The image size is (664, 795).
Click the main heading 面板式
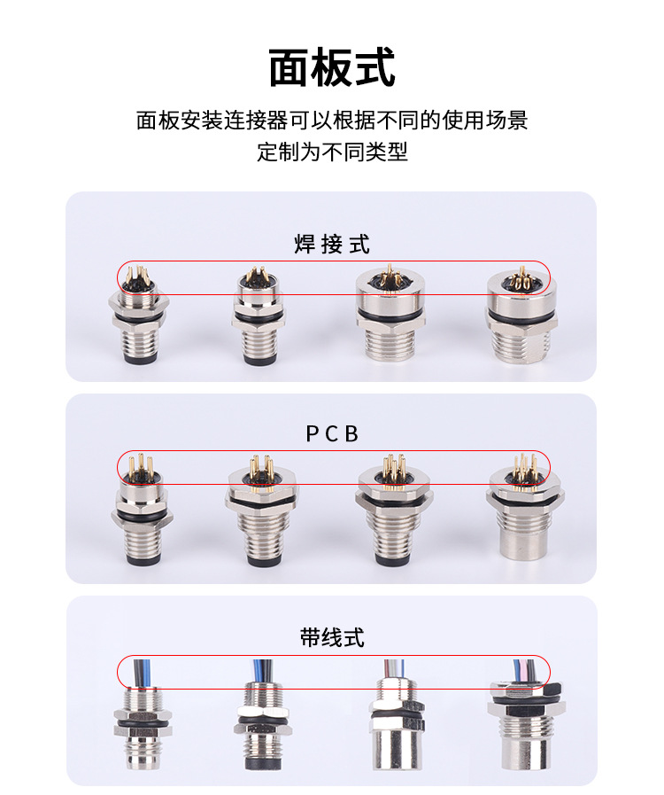tap(332, 68)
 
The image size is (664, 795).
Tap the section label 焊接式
tap(332, 244)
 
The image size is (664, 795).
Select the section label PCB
tap(332, 433)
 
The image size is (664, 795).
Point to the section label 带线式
tap(332, 637)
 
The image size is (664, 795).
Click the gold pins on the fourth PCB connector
tap(522, 464)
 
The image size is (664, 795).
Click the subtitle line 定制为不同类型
tap(332, 152)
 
